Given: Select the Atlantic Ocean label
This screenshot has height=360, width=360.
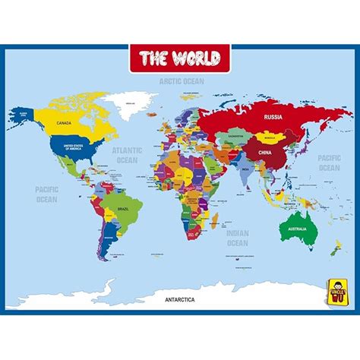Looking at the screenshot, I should point(128,155).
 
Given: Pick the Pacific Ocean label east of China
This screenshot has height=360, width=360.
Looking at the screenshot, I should point(329,162).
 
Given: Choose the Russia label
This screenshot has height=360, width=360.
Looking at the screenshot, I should point(273,117).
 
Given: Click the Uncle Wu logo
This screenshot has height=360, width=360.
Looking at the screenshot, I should point(336,291).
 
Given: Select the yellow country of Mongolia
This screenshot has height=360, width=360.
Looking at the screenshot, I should point(267,138).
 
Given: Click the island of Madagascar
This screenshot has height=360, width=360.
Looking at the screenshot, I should point(215,221).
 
